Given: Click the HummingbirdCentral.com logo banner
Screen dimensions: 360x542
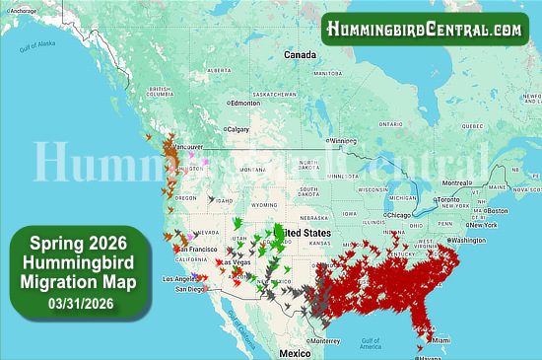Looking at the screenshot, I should coord(425,29).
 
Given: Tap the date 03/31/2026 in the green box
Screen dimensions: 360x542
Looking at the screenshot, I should coord(77,303).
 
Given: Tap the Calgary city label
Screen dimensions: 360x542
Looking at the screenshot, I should coord(238,128).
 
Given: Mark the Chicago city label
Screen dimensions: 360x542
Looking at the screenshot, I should coord(399,214).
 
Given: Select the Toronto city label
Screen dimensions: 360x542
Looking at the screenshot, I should coord(449,200).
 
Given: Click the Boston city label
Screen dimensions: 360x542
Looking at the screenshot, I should coord(497,210).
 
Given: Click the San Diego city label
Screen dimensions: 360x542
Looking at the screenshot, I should coord(190,289).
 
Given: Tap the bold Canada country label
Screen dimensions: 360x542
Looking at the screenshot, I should coord(300,54).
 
